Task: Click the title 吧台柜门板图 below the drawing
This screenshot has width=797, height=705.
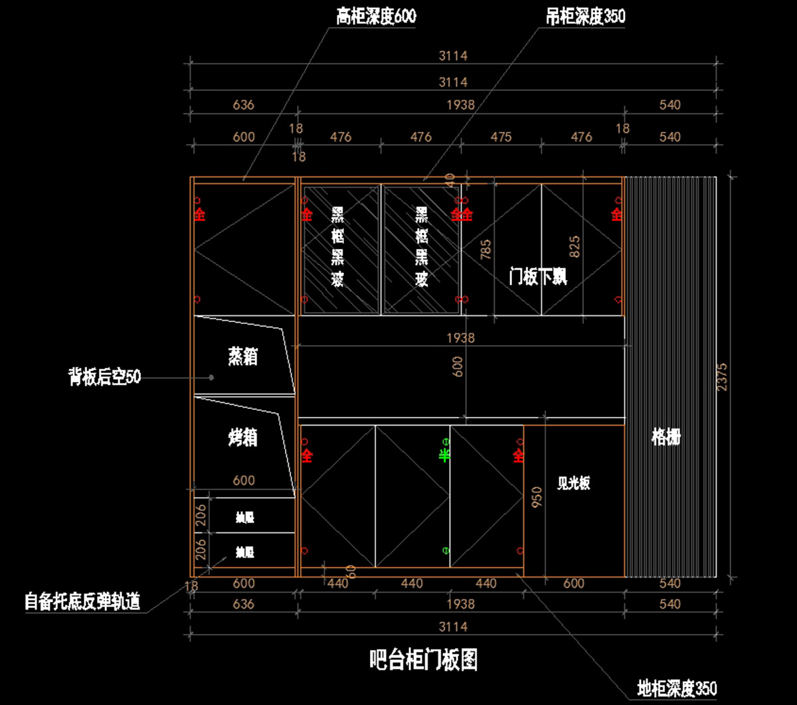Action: pyautogui.click(x=423, y=660)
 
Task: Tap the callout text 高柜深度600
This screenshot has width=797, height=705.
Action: pyautogui.click(x=376, y=17)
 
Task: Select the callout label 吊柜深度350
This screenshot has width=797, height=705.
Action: pyautogui.click(x=585, y=17)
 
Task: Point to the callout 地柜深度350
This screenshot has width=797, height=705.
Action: pyautogui.click(x=677, y=688)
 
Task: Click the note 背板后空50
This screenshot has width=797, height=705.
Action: pyautogui.click(x=104, y=377)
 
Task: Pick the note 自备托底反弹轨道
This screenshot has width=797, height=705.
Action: pyautogui.click(x=82, y=601)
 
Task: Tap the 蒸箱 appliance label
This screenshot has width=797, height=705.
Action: pyautogui.click(x=242, y=356)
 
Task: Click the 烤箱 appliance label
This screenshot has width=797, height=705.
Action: pyautogui.click(x=242, y=437)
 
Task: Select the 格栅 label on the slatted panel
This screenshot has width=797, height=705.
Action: pyautogui.click(x=666, y=437)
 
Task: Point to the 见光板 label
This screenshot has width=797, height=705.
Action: pyautogui.click(x=573, y=484)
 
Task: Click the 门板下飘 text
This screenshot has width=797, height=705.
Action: pyautogui.click(x=538, y=276)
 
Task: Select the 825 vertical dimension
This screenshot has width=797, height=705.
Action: pyautogui.click(x=575, y=246)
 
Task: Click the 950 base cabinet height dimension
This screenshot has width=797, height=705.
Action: pyautogui.click(x=537, y=497)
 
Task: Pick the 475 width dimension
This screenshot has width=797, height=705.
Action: pyautogui.click(x=501, y=137)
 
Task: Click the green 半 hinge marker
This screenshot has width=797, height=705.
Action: pyautogui.click(x=444, y=455)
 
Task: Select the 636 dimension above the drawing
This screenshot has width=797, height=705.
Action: pyautogui.click(x=244, y=105)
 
